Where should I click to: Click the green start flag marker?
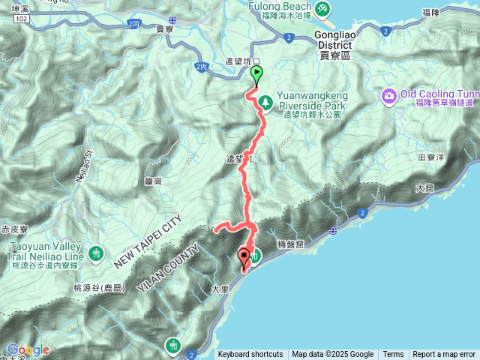(256, 74)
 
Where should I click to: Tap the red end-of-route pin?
(244, 258)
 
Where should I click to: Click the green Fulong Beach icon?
(322, 8)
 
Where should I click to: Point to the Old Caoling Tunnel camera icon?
(389, 95)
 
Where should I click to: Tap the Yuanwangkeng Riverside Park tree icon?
(264, 101)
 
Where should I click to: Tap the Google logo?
(28, 349)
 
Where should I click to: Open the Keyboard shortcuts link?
(250, 355)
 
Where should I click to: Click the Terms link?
(393, 355)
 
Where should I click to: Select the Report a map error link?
(444, 355)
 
